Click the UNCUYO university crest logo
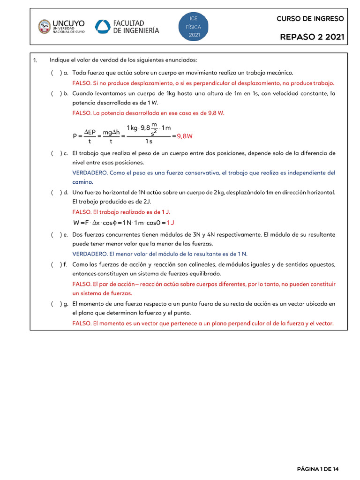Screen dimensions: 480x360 point(45,26)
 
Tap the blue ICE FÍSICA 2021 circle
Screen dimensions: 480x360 point(194,27)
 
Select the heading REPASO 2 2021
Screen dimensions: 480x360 point(312,37)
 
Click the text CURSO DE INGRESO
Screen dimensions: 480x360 point(310,19)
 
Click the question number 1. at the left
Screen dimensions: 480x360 point(35,60)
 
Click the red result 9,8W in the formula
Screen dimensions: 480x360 point(185,136)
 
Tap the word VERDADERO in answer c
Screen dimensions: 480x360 point(90,172)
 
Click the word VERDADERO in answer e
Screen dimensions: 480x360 point(90,254)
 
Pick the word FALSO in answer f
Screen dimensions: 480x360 point(82,284)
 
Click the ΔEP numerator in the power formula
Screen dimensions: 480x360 point(90,133)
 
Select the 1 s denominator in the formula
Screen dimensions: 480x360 point(149,141)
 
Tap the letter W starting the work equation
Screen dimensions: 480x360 point(76,222)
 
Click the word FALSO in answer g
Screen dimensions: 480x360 point(82,323)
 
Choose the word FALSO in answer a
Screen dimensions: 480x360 point(82,83)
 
